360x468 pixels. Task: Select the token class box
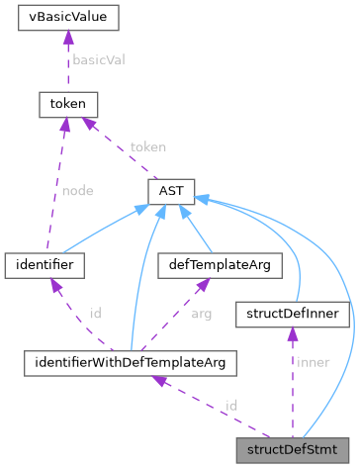[64, 103]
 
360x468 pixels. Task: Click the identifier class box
[44, 264]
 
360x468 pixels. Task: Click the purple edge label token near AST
[147, 145]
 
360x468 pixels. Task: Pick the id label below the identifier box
[95, 314]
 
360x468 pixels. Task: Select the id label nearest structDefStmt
[230, 406]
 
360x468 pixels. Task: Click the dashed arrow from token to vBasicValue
[64, 60]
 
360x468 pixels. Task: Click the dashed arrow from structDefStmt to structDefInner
[292, 386]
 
